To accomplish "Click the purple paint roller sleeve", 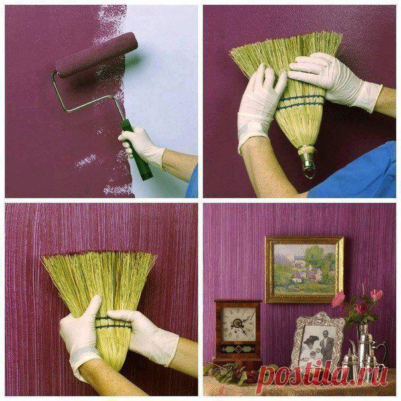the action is coord(96,54).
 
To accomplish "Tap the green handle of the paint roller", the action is coord(136,149).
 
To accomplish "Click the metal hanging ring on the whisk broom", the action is coord(309,172).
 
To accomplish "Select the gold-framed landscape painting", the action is coord(304,270).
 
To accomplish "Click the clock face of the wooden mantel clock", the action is coord(238,324).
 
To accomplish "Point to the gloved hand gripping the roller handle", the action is coord(142,145).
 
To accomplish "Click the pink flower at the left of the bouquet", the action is coord(339,299).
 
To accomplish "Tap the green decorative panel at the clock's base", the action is coord(238,349).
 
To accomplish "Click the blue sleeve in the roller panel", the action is coord(193,182).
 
